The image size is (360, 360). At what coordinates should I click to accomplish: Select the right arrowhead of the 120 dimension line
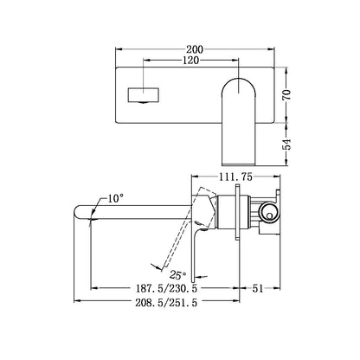click(241, 68)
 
